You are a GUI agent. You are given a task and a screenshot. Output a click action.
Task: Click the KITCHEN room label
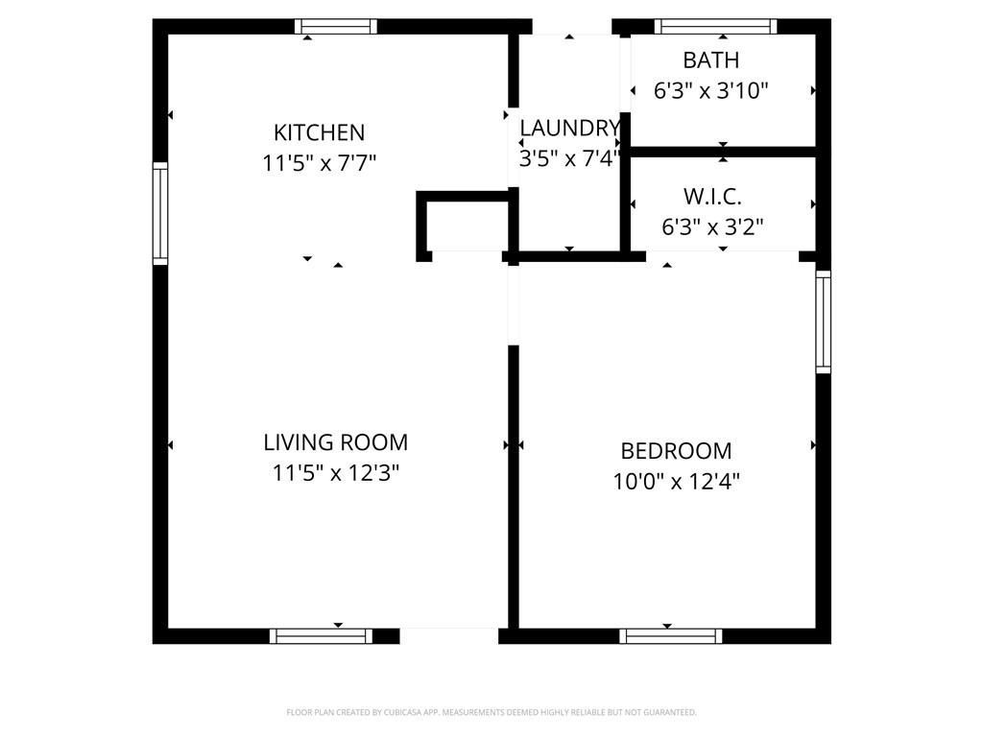pyautogui.click(x=319, y=132)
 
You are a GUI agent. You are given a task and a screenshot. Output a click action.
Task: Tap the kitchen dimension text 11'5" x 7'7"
pyautogui.click(x=319, y=163)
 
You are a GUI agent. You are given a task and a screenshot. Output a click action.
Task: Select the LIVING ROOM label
pyautogui.click(x=335, y=442)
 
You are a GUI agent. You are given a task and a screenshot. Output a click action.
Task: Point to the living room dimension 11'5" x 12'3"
pyautogui.click(x=335, y=472)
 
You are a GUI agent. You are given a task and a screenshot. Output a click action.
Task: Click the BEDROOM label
pyautogui.click(x=676, y=451)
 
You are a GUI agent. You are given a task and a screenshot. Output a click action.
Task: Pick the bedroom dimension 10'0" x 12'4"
pyautogui.click(x=676, y=482)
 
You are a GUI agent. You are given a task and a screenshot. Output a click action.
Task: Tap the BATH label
pyautogui.click(x=711, y=60)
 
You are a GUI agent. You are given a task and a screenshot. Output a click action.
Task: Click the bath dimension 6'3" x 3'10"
pyautogui.click(x=711, y=91)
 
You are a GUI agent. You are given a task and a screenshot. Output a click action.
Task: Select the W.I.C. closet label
pyautogui.click(x=713, y=197)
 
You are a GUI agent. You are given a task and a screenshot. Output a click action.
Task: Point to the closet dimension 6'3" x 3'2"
pyautogui.click(x=713, y=226)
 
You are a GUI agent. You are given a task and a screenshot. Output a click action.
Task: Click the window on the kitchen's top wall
pyautogui.click(x=336, y=26)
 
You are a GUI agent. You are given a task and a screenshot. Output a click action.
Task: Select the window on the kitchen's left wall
pyautogui.click(x=160, y=213)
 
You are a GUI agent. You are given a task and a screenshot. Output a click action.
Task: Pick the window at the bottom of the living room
pyautogui.click(x=321, y=636)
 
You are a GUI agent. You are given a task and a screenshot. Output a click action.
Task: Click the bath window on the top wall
pyautogui.click(x=716, y=26)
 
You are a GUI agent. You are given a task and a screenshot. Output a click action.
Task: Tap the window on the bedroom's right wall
pyautogui.click(x=823, y=322)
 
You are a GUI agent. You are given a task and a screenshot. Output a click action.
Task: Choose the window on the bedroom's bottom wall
pyautogui.click(x=671, y=636)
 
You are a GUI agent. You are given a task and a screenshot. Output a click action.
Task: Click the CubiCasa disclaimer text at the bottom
pyautogui.click(x=491, y=712)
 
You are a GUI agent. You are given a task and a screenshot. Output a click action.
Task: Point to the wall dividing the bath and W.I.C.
pyautogui.click(x=723, y=152)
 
